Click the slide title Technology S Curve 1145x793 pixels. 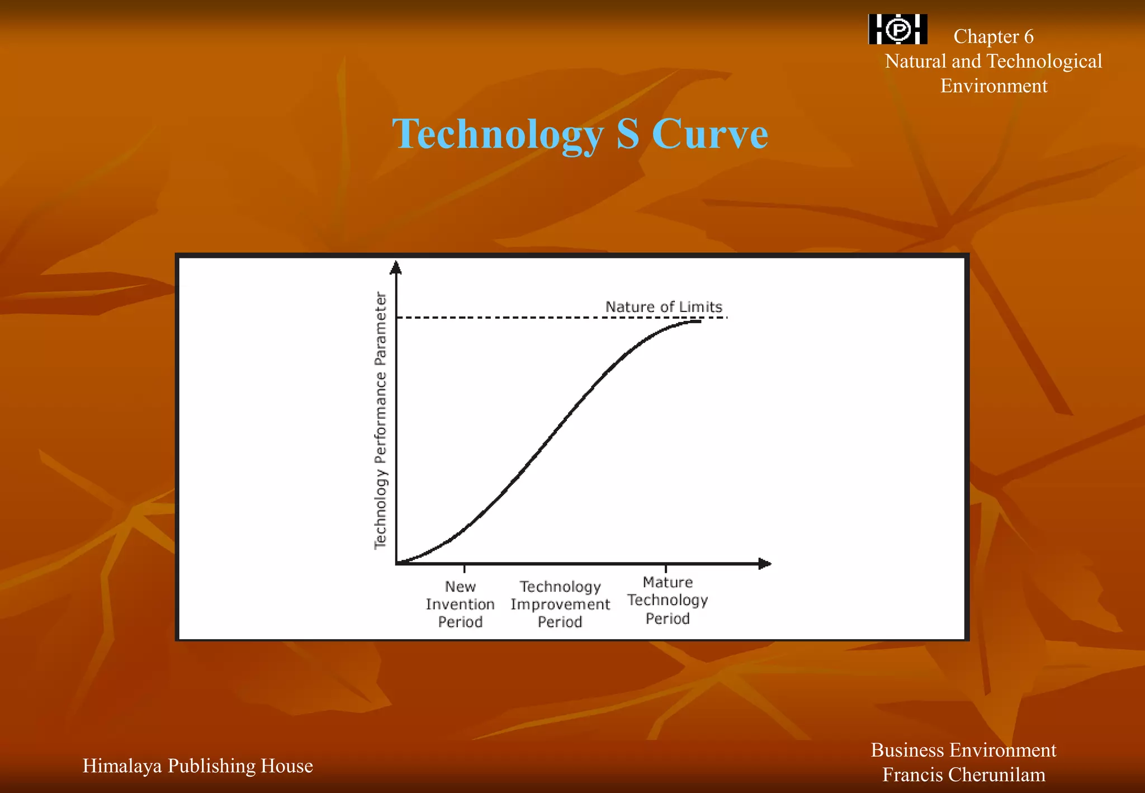click(580, 134)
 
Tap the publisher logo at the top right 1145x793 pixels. click(898, 29)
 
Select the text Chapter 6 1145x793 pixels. click(993, 37)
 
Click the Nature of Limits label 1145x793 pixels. click(664, 307)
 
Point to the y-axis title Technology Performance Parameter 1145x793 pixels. click(381, 421)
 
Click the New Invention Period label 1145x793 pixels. click(460, 605)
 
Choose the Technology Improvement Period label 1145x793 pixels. click(560, 605)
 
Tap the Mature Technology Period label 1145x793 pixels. click(668, 601)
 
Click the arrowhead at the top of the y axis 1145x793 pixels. click(396, 268)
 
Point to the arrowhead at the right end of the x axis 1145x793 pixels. click(765, 564)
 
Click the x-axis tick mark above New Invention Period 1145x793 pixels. click(465, 569)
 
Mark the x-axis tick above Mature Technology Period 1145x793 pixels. click(666, 569)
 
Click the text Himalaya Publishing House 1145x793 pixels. click(197, 766)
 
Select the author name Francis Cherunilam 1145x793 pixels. click(963, 775)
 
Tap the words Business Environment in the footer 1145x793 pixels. click(963, 750)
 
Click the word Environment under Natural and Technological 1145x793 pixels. click(993, 86)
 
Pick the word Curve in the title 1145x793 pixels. click(710, 134)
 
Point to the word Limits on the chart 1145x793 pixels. click(701, 307)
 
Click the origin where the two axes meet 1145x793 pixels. click(396, 564)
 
